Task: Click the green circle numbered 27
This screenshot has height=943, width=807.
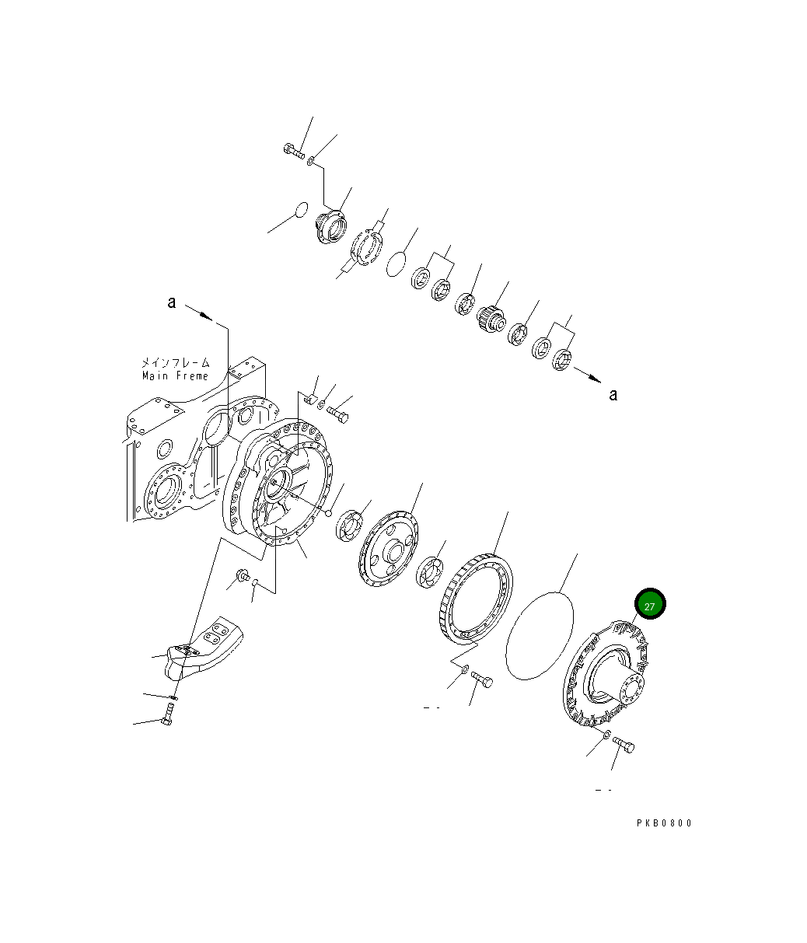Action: tap(650, 605)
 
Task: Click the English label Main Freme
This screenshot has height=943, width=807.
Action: tap(175, 375)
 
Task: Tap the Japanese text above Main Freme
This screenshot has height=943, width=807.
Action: tap(175, 362)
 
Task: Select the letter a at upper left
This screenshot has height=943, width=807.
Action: tap(172, 302)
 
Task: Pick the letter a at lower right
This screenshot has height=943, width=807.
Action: tap(613, 395)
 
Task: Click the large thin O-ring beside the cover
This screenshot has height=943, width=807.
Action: tap(540, 634)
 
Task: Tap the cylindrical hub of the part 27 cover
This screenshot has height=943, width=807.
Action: tap(618, 684)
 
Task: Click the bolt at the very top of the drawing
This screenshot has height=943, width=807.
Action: tap(294, 151)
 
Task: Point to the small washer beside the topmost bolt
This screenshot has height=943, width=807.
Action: tap(310, 162)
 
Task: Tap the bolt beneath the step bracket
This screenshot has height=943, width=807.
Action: tap(166, 714)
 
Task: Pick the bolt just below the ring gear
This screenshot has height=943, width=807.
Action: tap(482, 681)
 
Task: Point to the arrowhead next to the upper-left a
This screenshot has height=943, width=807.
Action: tap(205, 316)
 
